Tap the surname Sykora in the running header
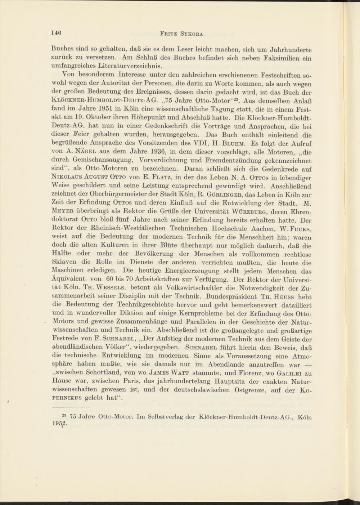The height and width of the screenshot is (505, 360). point(191,34)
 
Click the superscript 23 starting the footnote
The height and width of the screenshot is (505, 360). point(65,415)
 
